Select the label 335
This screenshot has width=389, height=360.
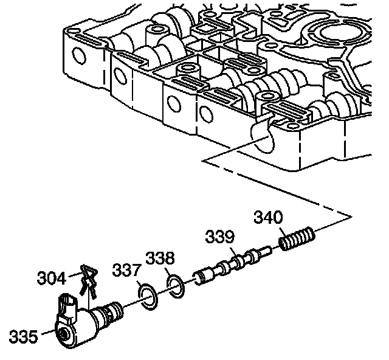click(23, 336)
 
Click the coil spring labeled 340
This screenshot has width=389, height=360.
click(297, 238)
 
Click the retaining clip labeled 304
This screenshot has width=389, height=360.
click(89, 281)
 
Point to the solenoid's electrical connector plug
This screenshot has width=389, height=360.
click(68, 305)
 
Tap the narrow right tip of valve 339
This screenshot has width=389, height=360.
click(267, 249)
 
